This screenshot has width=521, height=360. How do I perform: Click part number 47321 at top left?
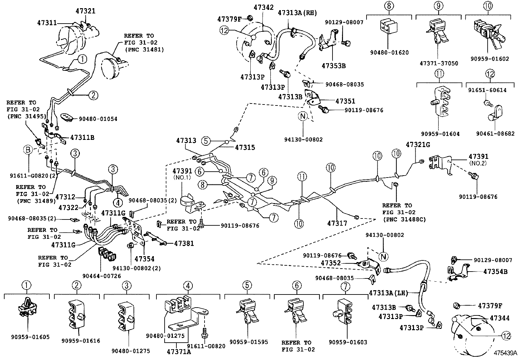point(85,11)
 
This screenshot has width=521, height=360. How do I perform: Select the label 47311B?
point(82,138)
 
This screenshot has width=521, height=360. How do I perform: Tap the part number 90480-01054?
point(98,119)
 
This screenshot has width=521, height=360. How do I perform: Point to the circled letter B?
point(28,150)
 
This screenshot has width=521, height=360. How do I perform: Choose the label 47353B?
point(333,66)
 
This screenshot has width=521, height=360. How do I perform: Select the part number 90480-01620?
point(389,52)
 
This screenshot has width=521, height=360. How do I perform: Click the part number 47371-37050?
point(439,64)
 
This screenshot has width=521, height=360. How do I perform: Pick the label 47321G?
point(418,144)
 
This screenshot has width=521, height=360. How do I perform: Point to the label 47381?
point(184,243)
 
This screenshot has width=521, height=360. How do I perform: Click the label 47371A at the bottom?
point(179,352)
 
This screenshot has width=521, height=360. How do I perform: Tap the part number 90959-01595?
point(248,342)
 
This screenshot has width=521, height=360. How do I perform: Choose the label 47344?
point(499,318)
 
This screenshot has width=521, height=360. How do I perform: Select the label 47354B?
point(495,272)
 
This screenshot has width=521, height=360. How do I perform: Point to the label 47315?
point(245,147)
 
